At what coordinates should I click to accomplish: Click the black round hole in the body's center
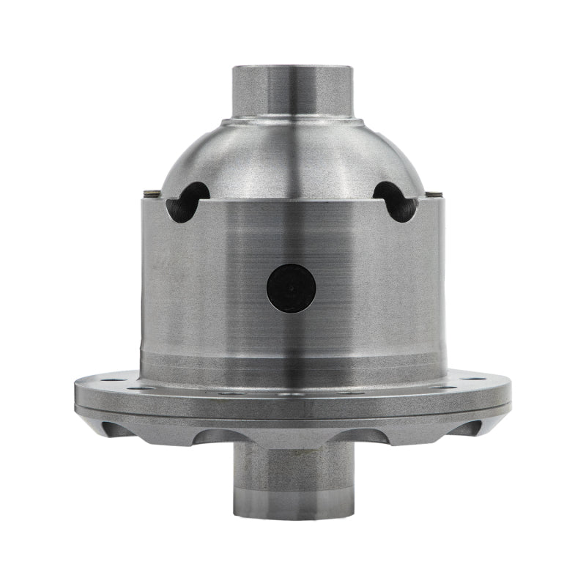(x=291, y=287)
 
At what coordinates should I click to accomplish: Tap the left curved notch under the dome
(x=187, y=201)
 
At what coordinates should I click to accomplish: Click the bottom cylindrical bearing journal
(x=292, y=476)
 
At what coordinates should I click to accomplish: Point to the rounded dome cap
(x=292, y=157)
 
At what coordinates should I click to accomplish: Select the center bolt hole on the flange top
(x=293, y=393)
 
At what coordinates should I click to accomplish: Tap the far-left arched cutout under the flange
(x=117, y=428)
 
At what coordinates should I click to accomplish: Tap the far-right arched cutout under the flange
(x=469, y=428)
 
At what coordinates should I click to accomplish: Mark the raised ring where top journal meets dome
(x=292, y=119)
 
